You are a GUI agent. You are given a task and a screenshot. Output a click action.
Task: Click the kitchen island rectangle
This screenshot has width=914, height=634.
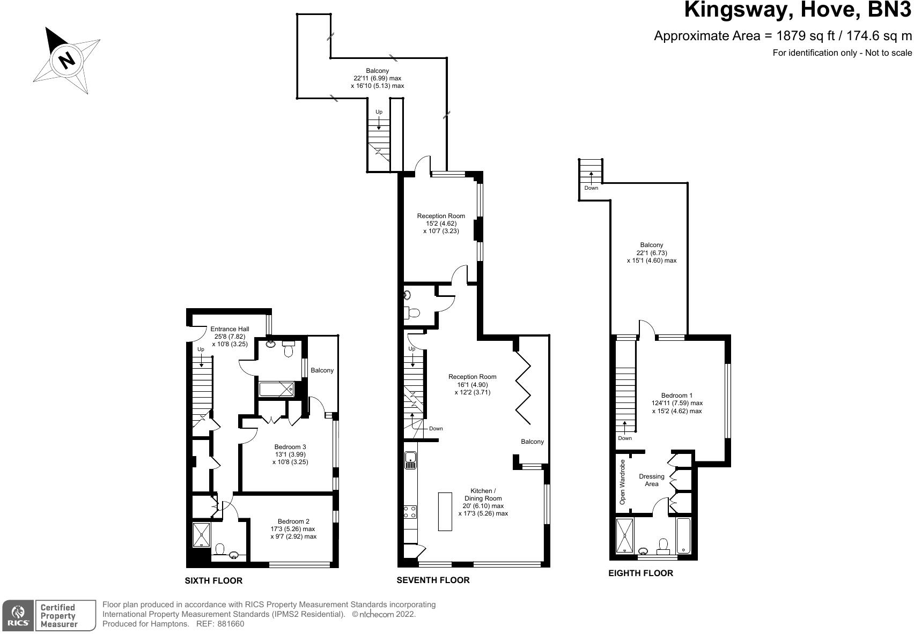445,511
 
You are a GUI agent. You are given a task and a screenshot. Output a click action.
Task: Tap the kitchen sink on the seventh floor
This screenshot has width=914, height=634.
410,460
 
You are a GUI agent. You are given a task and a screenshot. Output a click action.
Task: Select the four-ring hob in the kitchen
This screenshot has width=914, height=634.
410,512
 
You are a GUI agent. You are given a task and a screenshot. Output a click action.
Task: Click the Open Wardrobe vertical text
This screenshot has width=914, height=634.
622,482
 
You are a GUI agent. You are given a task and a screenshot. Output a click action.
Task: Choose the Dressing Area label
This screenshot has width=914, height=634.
651,480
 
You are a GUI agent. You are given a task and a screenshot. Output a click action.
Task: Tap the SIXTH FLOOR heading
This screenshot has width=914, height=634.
213,580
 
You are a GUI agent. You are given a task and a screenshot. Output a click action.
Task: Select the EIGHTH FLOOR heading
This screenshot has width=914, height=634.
640,573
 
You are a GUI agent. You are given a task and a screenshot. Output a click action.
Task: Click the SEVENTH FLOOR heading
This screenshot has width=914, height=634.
433,580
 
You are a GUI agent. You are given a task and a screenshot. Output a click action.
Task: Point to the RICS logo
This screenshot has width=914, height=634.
18,615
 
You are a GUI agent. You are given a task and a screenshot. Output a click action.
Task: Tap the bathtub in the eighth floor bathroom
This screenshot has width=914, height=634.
684,536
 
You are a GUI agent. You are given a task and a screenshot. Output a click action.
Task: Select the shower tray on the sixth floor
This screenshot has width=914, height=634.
202,535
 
